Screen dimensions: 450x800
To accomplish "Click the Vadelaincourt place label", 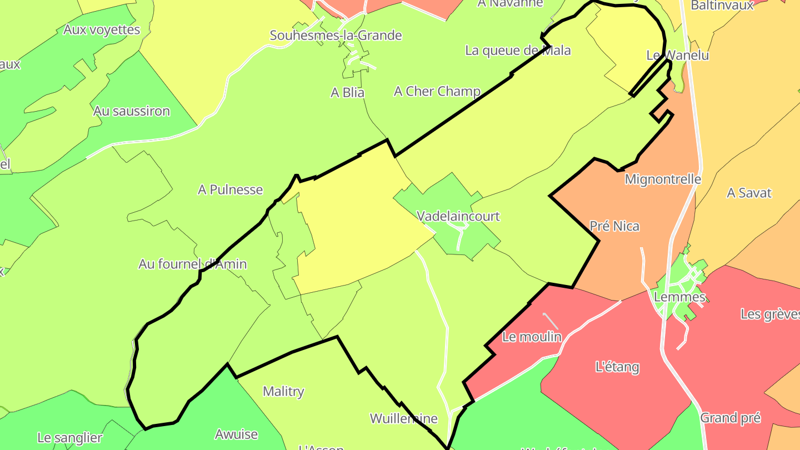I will click(x=458, y=216).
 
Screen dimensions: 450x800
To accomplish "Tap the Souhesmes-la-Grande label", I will click(x=336, y=36).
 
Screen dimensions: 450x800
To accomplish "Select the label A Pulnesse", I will click(x=230, y=189).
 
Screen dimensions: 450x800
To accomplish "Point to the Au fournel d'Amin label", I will click(x=192, y=264).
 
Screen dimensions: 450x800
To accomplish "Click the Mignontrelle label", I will click(x=663, y=179).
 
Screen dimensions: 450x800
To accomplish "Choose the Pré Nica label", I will click(x=614, y=226).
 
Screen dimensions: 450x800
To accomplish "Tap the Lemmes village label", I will click(x=679, y=297).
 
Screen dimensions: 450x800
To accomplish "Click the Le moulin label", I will click(x=532, y=337).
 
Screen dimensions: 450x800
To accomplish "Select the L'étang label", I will click(x=617, y=367).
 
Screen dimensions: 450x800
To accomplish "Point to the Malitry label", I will click(x=283, y=392).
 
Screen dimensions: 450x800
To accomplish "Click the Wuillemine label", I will click(x=403, y=418).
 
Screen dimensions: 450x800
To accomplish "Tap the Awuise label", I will click(x=236, y=434).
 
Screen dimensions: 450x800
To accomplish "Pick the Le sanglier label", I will click(x=70, y=438).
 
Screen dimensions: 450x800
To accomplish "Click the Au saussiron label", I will click(x=131, y=111).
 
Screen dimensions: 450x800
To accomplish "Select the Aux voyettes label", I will click(x=102, y=29).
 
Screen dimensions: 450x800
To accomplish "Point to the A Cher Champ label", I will click(x=437, y=91).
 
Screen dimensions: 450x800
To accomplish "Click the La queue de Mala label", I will click(x=518, y=51).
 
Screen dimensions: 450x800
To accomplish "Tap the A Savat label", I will click(x=749, y=193).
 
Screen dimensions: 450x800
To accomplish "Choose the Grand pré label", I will click(x=730, y=418).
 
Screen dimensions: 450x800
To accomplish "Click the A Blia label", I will click(x=347, y=93).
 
